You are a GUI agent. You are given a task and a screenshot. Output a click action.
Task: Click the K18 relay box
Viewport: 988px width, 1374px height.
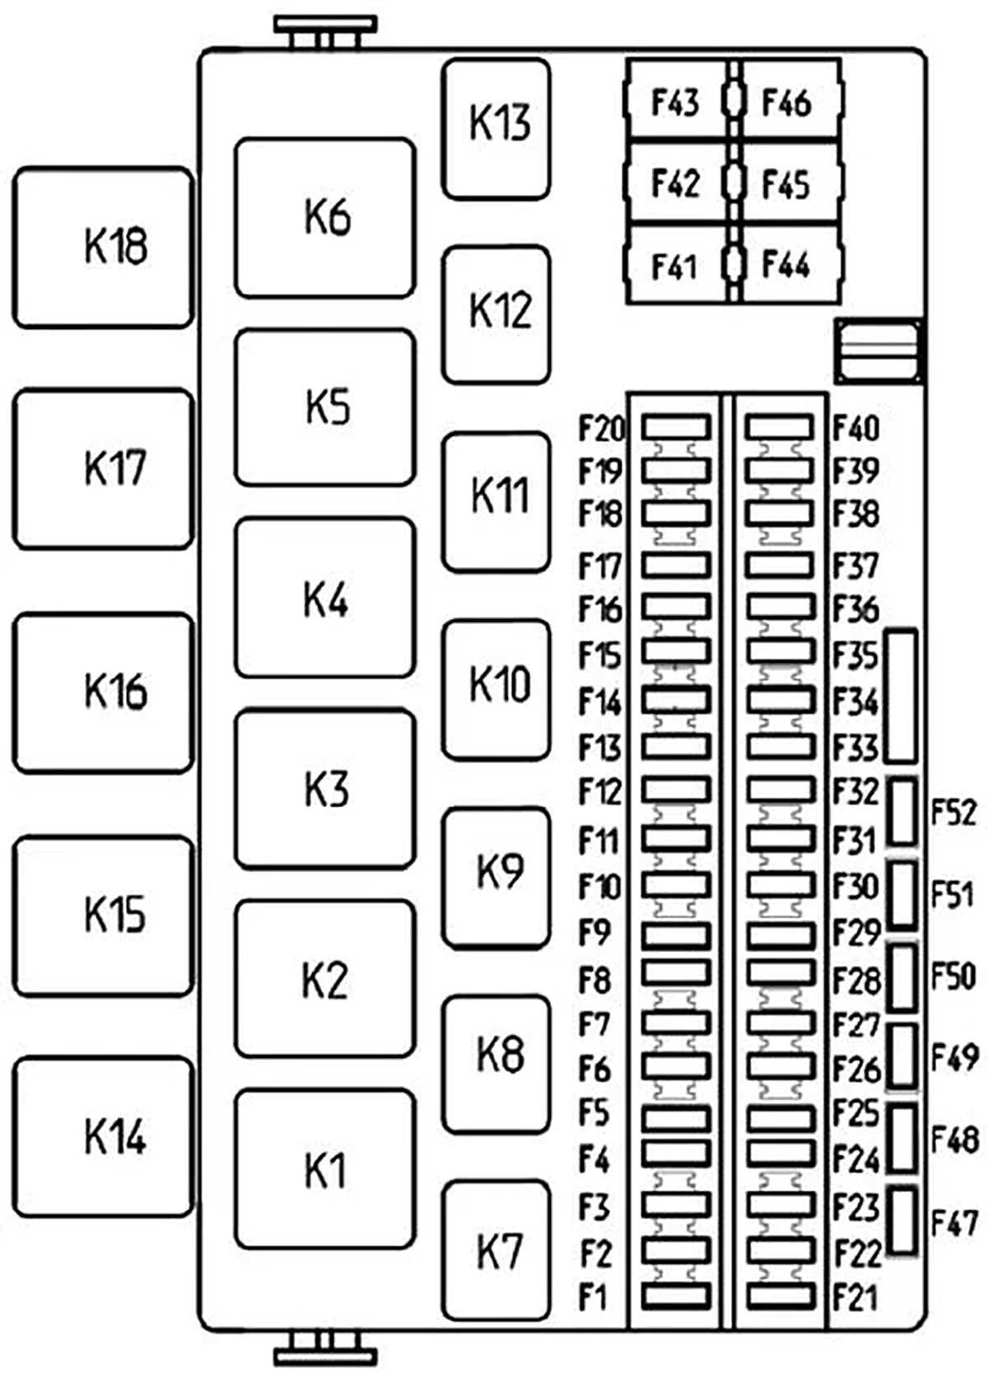click(x=103, y=247)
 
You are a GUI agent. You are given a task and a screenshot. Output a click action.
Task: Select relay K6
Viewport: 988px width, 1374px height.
click(x=325, y=218)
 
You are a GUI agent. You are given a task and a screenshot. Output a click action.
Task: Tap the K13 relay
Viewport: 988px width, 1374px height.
click(x=496, y=129)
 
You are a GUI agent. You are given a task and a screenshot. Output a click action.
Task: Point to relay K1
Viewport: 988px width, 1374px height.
click(x=325, y=1169)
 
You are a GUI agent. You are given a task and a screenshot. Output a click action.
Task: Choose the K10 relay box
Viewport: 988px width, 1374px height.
click(x=496, y=690)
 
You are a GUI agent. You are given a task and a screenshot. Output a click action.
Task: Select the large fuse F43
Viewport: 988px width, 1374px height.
click(x=676, y=101)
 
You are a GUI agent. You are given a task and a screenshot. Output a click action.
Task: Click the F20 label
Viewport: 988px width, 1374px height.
click(x=601, y=428)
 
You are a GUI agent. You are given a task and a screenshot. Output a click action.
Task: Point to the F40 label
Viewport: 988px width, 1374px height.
click(x=855, y=428)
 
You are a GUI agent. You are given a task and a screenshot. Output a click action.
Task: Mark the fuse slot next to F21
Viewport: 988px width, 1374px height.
click(x=781, y=1296)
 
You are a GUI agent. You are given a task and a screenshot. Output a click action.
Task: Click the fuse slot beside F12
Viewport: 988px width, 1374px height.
click(x=676, y=791)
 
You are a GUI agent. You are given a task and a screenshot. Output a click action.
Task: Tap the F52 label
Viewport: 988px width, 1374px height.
click(x=953, y=812)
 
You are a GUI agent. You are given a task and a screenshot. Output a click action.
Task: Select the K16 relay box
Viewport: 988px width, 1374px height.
click(x=103, y=692)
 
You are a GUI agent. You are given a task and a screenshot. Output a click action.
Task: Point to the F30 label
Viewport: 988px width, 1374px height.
click(x=855, y=886)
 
